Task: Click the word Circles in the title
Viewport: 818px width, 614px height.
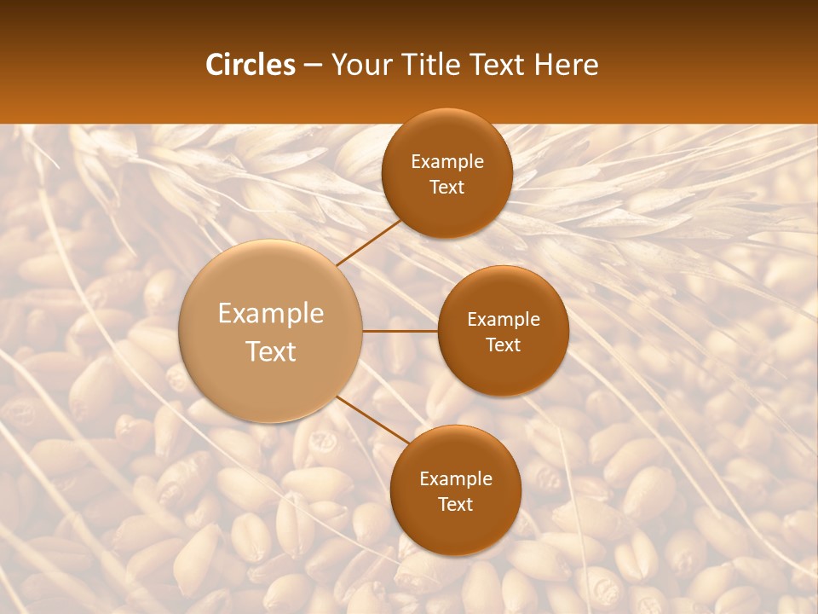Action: click(x=251, y=65)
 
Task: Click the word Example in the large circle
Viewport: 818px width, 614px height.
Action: click(x=271, y=313)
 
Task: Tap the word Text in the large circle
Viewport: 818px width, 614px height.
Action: click(x=271, y=351)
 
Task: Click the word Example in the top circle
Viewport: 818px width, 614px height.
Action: click(x=447, y=161)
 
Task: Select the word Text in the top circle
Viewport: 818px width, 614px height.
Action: click(x=446, y=187)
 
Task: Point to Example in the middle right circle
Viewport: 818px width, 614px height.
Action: click(x=504, y=319)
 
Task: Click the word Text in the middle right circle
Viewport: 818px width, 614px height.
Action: click(x=503, y=345)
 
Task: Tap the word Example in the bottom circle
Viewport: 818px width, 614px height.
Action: click(x=456, y=478)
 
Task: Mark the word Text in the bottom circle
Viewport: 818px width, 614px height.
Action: click(x=455, y=504)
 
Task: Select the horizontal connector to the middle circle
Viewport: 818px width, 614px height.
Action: click(x=400, y=330)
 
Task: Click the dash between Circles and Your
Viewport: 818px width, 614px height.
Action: click(x=313, y=66)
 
